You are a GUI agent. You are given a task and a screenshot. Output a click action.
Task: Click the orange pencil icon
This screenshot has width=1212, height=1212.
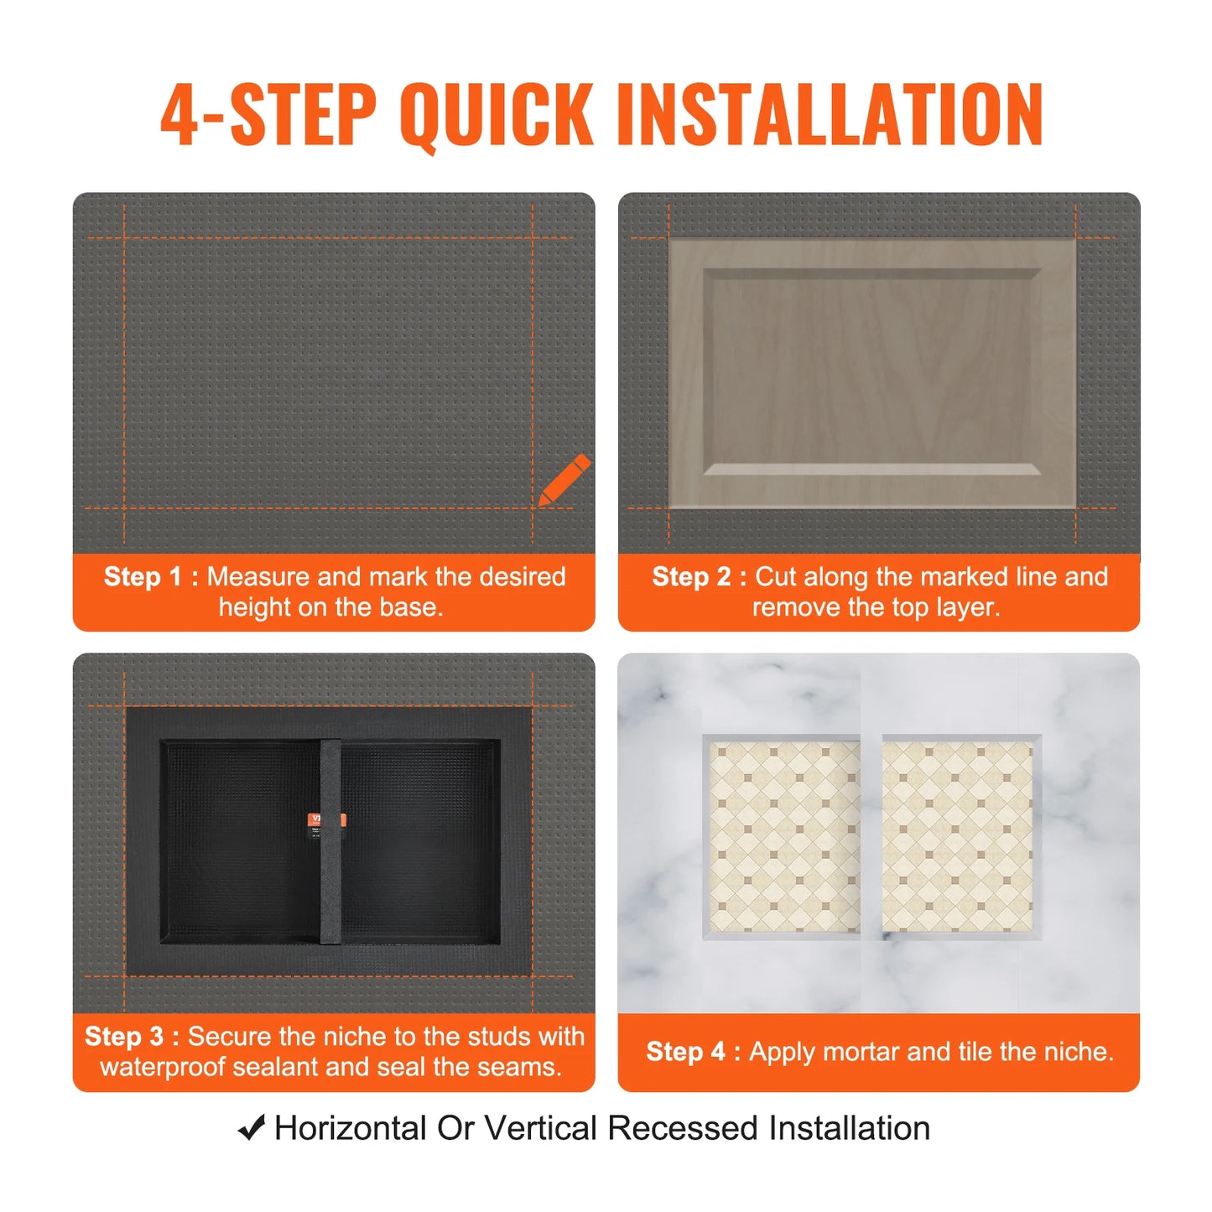(x=564, y=481)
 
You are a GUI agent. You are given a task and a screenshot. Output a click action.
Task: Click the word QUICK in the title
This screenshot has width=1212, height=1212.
(x=497, y=115)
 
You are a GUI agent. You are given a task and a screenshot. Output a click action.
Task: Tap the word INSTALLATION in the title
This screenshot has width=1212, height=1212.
(x=830, y=115)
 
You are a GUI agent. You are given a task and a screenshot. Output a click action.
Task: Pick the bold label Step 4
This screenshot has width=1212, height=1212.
(x=685, y=1052)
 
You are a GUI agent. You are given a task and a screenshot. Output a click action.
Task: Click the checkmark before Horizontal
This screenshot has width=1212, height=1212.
(x=252, y=1128)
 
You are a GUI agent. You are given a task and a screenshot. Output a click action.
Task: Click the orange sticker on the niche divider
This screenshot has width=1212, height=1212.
(x=329, y=820)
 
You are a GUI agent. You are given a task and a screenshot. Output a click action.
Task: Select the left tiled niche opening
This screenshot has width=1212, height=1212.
(x=785, y=837)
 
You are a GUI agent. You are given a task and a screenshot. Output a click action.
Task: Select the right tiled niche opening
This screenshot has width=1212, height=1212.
(x=957, y=837)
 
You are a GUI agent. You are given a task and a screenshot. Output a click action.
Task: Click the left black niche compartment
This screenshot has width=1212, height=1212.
(x=240, y=840)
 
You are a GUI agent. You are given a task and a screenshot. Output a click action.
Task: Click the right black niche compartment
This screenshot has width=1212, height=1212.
(x=419, y=840)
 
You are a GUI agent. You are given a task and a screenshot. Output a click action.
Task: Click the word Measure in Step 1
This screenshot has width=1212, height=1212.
(x=258, y=577)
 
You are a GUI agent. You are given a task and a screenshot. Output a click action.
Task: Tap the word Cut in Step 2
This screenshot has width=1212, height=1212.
(x=775, y=577)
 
